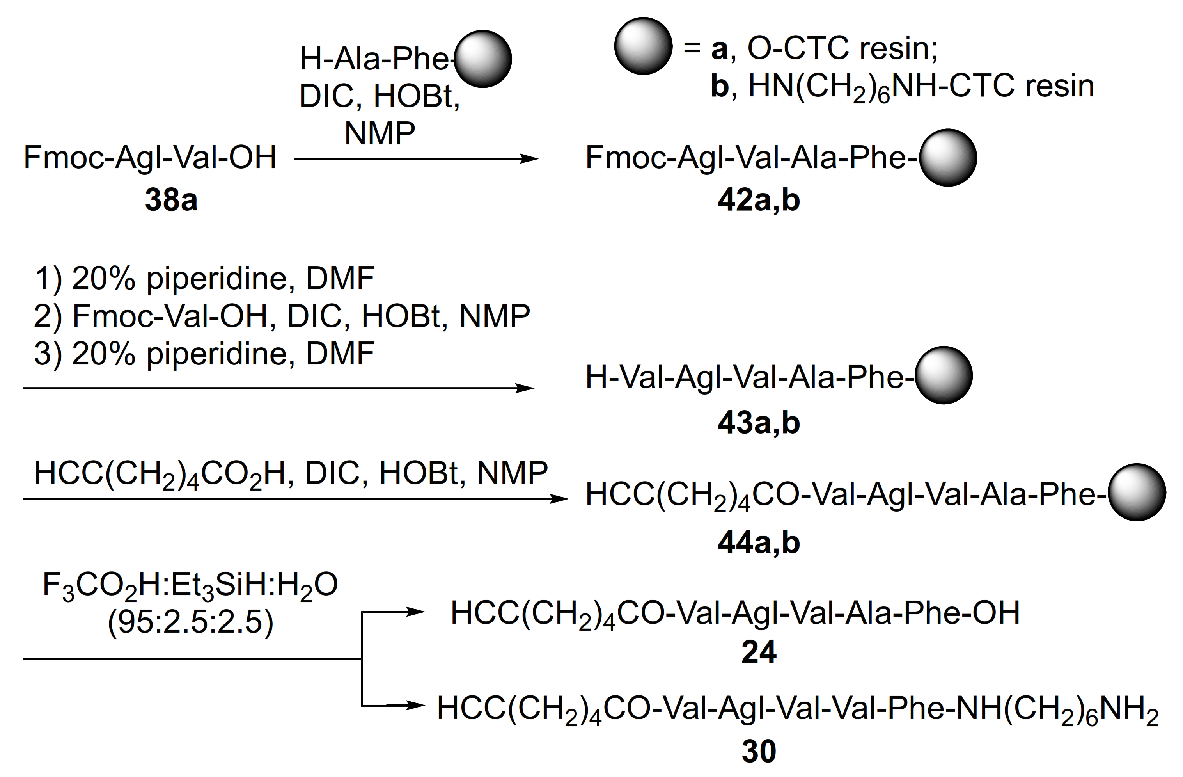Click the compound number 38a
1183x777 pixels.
pos(171,200)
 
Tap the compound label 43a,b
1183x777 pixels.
pos(759,423)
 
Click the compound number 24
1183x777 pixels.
pos(759,652)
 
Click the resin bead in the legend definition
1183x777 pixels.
pos(643,46)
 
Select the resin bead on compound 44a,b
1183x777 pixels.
pos(1137,493)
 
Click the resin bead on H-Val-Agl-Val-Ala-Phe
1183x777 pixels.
pos(944,375)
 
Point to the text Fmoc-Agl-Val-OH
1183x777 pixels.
pos(150,157)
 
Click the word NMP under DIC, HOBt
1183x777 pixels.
pos(380,133)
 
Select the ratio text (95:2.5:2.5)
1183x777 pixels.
pos(190,622)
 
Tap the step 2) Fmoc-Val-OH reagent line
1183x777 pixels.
pos(282,315)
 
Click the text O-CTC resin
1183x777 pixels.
pos(842,49)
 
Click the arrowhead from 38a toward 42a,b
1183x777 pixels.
pos(529,159)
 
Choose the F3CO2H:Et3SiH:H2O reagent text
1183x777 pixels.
pos(190,585)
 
